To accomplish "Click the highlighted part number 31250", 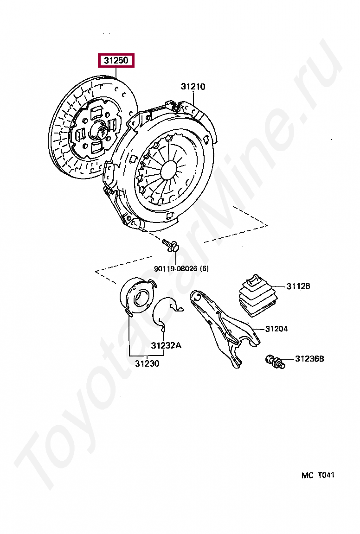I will [x=116, y=61].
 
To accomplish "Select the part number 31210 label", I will [x=193, y=87].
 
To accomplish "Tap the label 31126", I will [x=298, y=286].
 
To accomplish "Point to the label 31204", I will [x=276, y=329].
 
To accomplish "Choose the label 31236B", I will [x=309, y=359].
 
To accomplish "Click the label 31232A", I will [x=166, y=345].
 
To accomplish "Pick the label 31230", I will [x=147, y=363].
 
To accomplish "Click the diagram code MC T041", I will [x=318, y=475].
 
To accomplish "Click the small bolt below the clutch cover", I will [x=171, y=246].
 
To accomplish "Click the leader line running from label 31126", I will [x=278, y=286].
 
